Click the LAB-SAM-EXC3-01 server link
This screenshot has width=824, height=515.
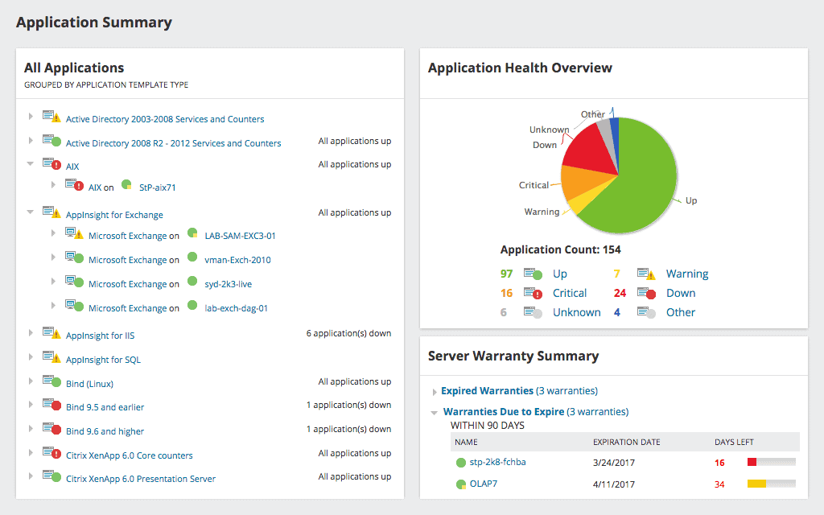point(240,236)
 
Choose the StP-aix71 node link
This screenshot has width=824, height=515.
point(157,187)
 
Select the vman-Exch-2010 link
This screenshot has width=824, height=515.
point(237,260)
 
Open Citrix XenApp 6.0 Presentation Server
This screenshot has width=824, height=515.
point(141,479)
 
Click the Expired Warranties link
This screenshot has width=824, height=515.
point(487,391)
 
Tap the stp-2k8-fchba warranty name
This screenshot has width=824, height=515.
point(497,462)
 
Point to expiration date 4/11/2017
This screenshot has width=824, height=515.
point(614,484)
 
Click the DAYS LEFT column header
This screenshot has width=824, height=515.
point(734,442)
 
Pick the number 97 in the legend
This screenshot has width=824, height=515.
point(506,274)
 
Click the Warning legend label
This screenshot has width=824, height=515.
point(686,274)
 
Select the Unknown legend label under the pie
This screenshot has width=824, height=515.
point(576,312)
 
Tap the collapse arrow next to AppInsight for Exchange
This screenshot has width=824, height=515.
point(31,212)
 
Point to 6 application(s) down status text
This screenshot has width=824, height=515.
point(348,333)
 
